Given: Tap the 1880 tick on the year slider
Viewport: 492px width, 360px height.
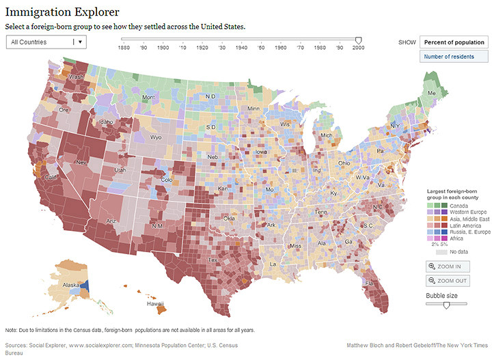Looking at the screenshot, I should click(124, 47).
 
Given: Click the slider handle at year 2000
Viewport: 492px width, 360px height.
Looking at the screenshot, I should click(359, 40).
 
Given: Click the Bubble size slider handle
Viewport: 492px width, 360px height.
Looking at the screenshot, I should click(446, 306).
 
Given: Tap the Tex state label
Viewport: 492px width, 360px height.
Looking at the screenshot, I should click(213, 260).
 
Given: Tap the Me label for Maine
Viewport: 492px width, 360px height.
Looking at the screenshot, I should click(431, 92).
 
